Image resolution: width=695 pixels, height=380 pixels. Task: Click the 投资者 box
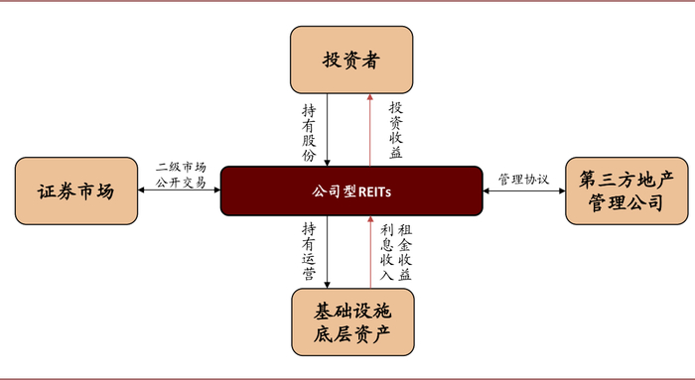(x=351, y=59)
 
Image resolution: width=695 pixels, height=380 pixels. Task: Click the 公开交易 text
(x=181, y=183)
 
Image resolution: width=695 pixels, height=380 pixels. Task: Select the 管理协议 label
(x=523, y=180)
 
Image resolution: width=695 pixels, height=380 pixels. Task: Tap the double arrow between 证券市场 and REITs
(x=180, y=190)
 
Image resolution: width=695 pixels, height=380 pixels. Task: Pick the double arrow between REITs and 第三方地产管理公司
(x=523, y=190)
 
